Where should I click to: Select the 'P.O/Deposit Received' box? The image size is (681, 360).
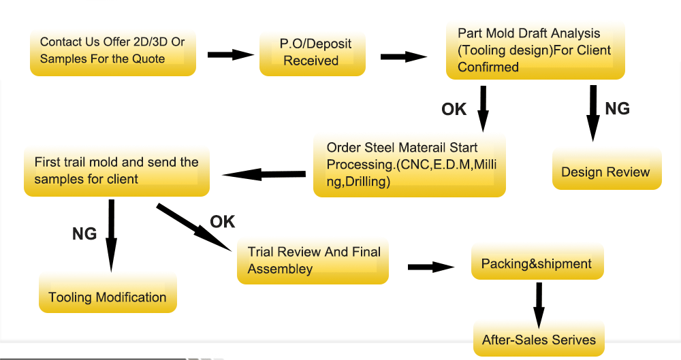(x=312, y=52)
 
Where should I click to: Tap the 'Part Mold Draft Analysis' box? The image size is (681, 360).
(x=535, y=50)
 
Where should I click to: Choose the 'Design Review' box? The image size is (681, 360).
(x=605, y=170)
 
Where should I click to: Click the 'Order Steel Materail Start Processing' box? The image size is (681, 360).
(x=409, y=165)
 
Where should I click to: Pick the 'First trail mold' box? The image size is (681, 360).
(x=116, y=170)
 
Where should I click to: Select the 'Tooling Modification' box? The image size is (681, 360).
(x=108, y=294)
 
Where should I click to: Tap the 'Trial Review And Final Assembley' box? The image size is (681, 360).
(x=313, y=261)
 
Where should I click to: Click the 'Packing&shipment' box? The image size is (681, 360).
(x=537, y=263)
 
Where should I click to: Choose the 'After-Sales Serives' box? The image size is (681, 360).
(x=539, y=338)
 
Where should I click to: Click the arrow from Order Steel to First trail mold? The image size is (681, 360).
(x=264, y=174)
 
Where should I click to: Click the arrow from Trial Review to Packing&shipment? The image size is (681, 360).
(x=430, y=267)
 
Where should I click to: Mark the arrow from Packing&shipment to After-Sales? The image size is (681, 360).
(x=539, y=304)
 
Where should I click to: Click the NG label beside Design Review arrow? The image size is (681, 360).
(x=618, y=108)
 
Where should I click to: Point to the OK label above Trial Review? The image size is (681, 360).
(x=222, y=221)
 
